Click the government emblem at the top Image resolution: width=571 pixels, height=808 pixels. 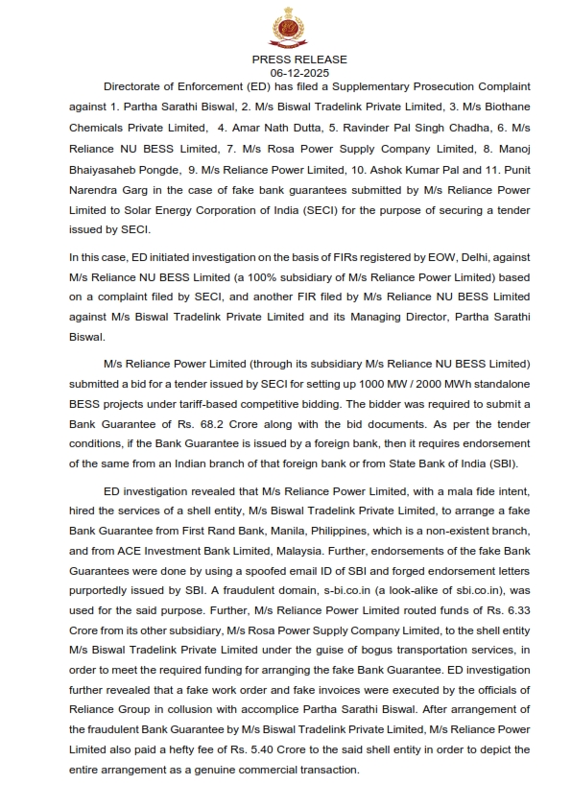(x=286, y=28)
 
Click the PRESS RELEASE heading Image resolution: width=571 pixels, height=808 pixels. (x=286, y=59)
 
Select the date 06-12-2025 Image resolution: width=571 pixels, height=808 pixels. (x=286, y=72)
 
